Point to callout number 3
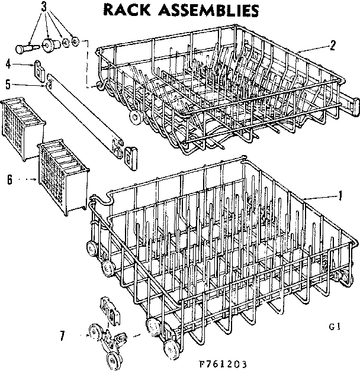(44, 8)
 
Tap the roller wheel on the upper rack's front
(137, 118)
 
